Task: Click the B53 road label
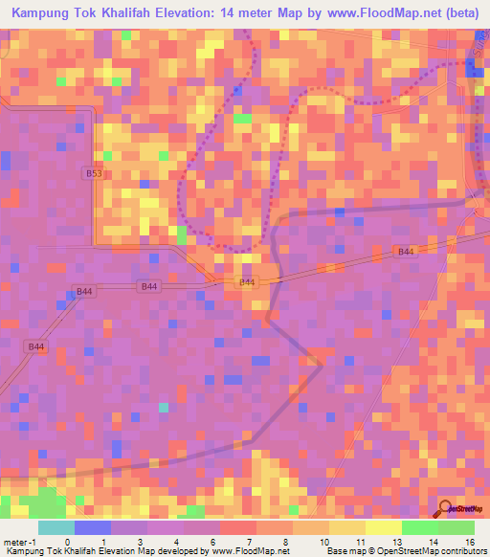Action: coord(93,174)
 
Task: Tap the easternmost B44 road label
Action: coord(405,251)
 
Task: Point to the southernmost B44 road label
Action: coord(36,346)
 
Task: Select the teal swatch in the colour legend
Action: coord(56,528)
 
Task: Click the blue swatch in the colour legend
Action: coord(93,528)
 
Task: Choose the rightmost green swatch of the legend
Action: coord(457,528)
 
